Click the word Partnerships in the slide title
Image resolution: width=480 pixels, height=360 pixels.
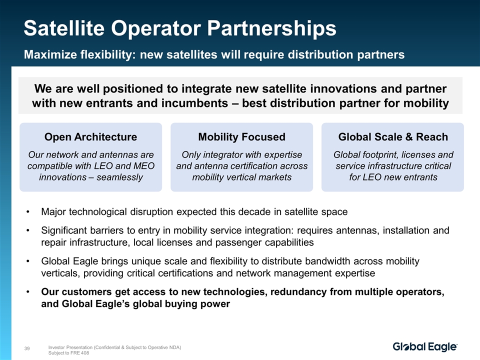271,28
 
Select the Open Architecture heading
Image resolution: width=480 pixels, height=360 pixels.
90,137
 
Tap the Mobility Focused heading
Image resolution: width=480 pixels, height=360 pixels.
242,137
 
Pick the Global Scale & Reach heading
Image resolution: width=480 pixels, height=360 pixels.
393,137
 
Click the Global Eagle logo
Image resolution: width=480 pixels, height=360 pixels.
425,346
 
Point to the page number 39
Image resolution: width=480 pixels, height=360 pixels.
27,348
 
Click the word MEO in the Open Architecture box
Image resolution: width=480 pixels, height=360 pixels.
144,166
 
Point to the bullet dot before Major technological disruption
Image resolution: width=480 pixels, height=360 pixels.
28,212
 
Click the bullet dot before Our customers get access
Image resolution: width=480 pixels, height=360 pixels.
28,291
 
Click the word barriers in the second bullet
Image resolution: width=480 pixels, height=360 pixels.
109,230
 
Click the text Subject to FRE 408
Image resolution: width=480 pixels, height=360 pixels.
68,353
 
